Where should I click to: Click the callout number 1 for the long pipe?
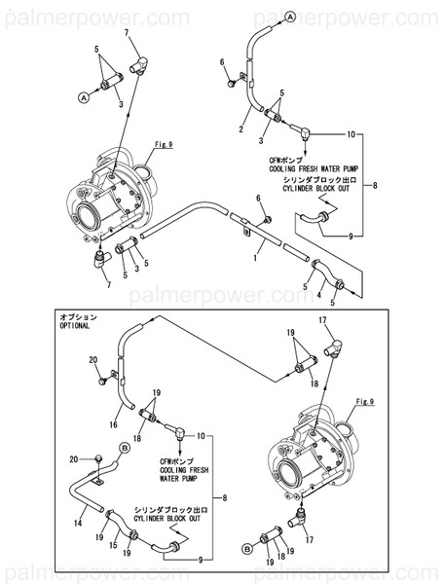[255, 256]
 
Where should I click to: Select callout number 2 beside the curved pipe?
[240, 128]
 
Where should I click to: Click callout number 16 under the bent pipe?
[114, 424]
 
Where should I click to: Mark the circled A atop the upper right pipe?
[290, 17]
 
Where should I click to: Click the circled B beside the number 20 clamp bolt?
[125, 447]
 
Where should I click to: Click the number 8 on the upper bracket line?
[375, 184]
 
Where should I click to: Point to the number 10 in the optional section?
[202, 436]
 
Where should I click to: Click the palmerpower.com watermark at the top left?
[95, 17]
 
